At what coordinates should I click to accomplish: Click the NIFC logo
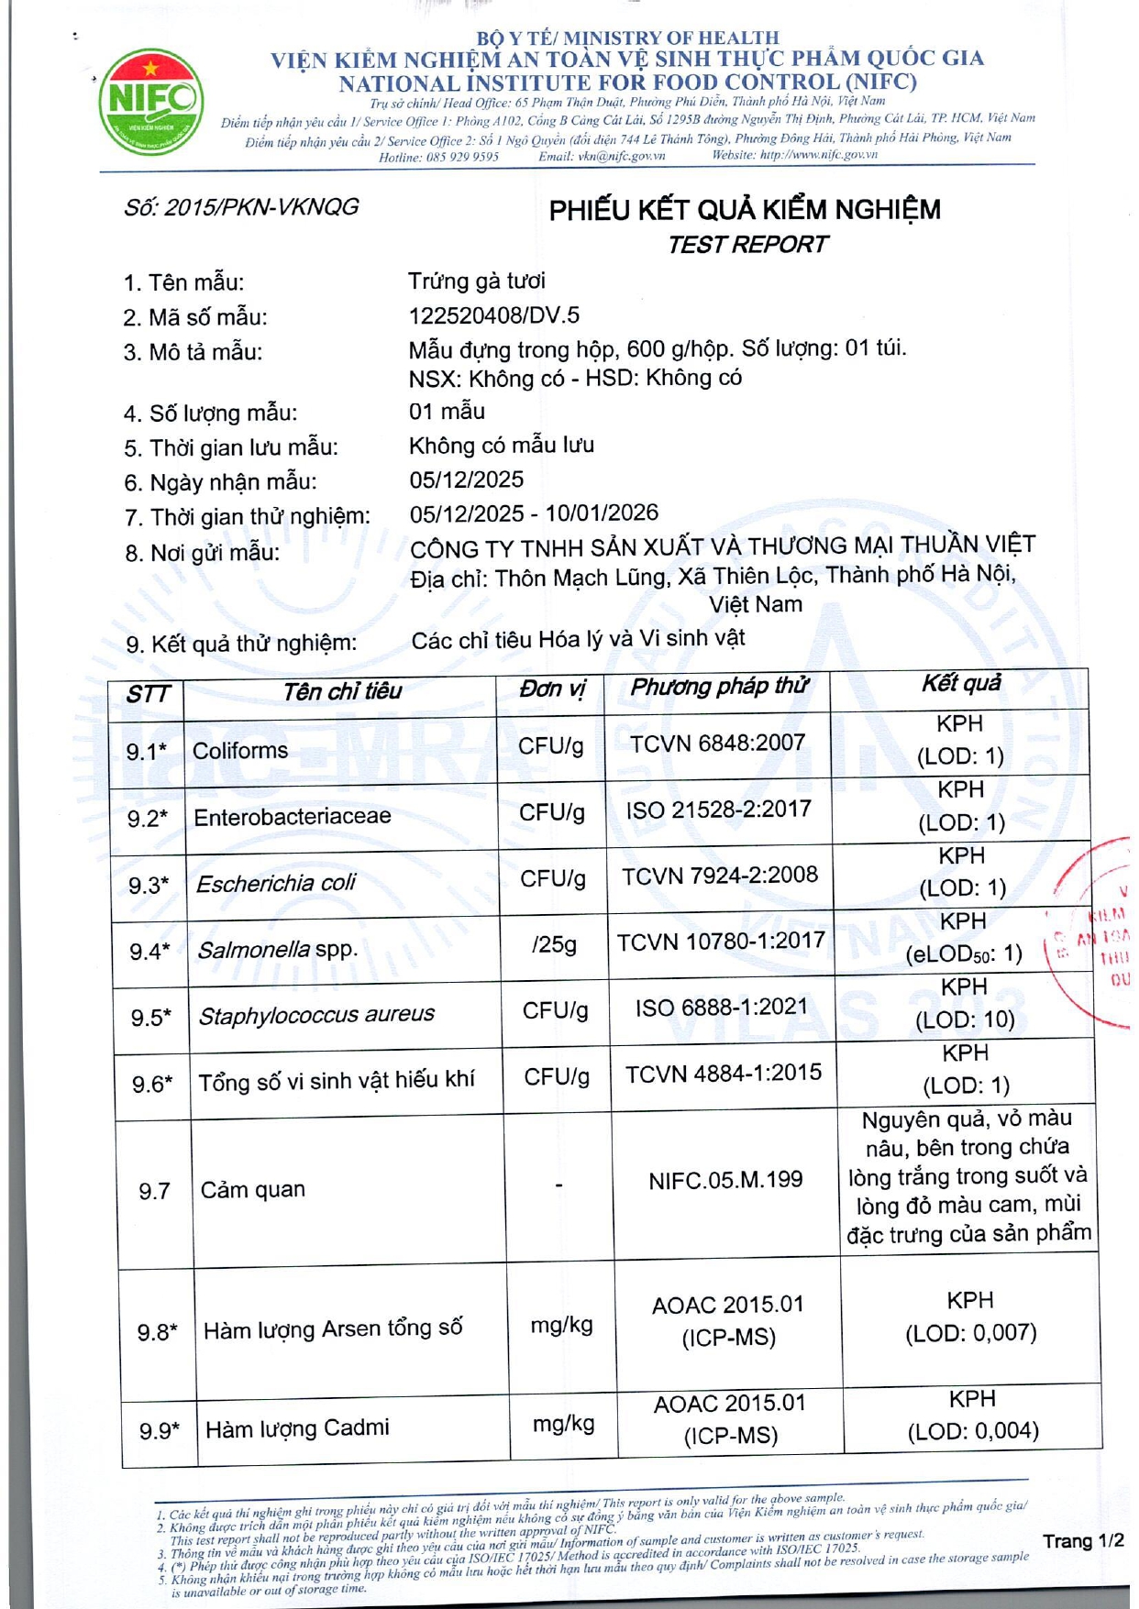click(151, 102)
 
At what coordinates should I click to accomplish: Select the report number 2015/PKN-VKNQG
click(241, 207)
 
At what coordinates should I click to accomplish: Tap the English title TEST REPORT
click(746, 245)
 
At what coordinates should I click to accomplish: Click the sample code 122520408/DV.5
click(493, 315)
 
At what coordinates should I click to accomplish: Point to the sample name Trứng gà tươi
click(476, 281)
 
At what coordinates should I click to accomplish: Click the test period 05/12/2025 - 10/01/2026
click(534, 512)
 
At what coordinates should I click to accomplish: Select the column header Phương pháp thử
click(719, 687)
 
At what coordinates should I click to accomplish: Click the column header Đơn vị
click(551, 689)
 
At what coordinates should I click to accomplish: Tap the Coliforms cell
click(240, 751)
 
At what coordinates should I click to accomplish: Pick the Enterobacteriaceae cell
click(293, 816)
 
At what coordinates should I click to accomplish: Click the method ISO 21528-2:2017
click(719, 810)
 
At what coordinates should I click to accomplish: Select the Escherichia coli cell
click(276, 883)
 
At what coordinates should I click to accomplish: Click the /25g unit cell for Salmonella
click(554, 944)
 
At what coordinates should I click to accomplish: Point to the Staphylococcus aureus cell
click(316, 1015)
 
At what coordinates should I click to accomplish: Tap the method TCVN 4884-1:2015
click(724, 1073)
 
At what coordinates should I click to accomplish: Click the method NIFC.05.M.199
click(725, 1180)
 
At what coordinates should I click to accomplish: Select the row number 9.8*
click(158, 1331)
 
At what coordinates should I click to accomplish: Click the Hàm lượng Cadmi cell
click(297, 1428)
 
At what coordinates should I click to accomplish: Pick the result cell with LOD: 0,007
click(970, 1317)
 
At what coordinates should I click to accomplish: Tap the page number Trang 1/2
click(1082, 1540)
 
